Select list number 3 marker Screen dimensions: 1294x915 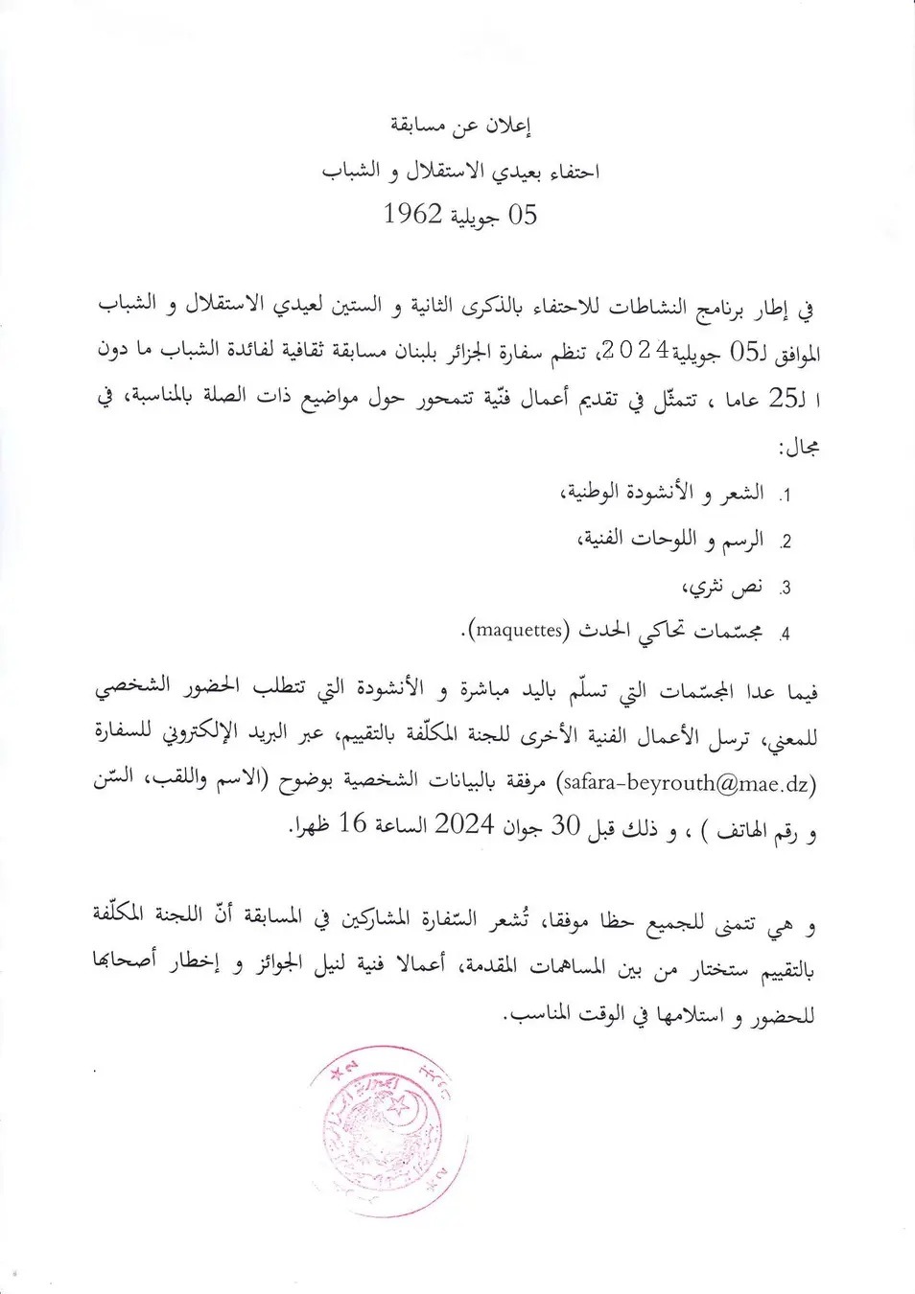click(x=784, y=589)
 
